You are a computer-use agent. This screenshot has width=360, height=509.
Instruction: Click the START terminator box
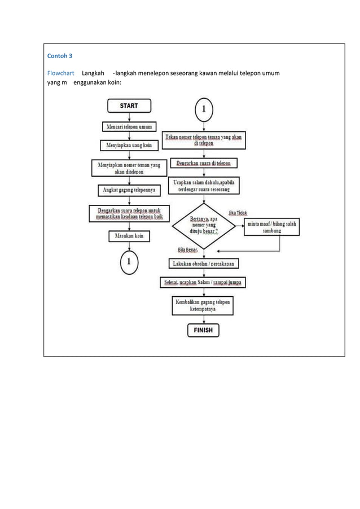[129, 106]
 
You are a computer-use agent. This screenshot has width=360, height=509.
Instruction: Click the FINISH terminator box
[204, 330]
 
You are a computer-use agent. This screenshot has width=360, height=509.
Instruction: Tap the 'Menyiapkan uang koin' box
[129, 146]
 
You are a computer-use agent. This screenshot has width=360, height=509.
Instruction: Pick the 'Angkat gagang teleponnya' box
[129, 190]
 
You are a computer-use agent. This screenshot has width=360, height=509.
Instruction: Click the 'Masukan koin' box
[129, 236]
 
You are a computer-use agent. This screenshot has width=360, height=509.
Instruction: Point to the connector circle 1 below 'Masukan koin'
[129, 261]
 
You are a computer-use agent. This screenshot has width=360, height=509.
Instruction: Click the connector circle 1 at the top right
[204, 109]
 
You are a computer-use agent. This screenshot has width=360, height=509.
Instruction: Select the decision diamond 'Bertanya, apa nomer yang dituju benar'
[204, 227]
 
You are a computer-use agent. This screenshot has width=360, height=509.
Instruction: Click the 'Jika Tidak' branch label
[238, 213]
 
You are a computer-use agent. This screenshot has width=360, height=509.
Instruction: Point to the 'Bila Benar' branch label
[188, 249]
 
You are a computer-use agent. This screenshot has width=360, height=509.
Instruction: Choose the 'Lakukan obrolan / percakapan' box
[204, 263]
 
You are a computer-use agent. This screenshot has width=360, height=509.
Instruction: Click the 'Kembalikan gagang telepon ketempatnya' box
[204, 306]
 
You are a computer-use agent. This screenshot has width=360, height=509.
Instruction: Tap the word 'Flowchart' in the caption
[60, 74]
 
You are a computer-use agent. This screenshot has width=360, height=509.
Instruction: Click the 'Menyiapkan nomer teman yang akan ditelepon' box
[129, 168]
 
